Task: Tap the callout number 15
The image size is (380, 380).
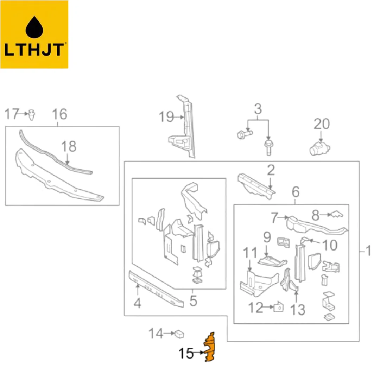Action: coord(186,353)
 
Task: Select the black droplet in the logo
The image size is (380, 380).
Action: coord(34,27)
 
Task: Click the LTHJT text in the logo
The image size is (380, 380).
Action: coord(34,50)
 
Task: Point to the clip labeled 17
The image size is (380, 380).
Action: coord(32,115)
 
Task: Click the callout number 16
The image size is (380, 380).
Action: coord(59,114)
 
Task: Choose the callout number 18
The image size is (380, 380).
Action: coord(69,146)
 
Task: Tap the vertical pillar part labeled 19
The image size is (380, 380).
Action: coord(184,127)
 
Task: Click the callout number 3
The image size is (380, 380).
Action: coord(258,109)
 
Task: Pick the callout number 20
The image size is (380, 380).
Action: coord(322,124)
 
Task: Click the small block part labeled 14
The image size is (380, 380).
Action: coord(179,334)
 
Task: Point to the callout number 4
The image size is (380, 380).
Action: coord(138,303)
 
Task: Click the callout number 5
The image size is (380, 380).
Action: coord(193,301)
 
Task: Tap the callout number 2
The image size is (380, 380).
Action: coord(271,170)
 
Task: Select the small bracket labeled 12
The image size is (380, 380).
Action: coord(278,307)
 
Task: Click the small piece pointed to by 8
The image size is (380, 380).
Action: coord(337,214)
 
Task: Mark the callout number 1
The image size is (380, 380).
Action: coord(368,251)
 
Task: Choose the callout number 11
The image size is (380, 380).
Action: coord(250,253)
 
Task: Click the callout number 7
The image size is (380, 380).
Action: coord(274,218)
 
